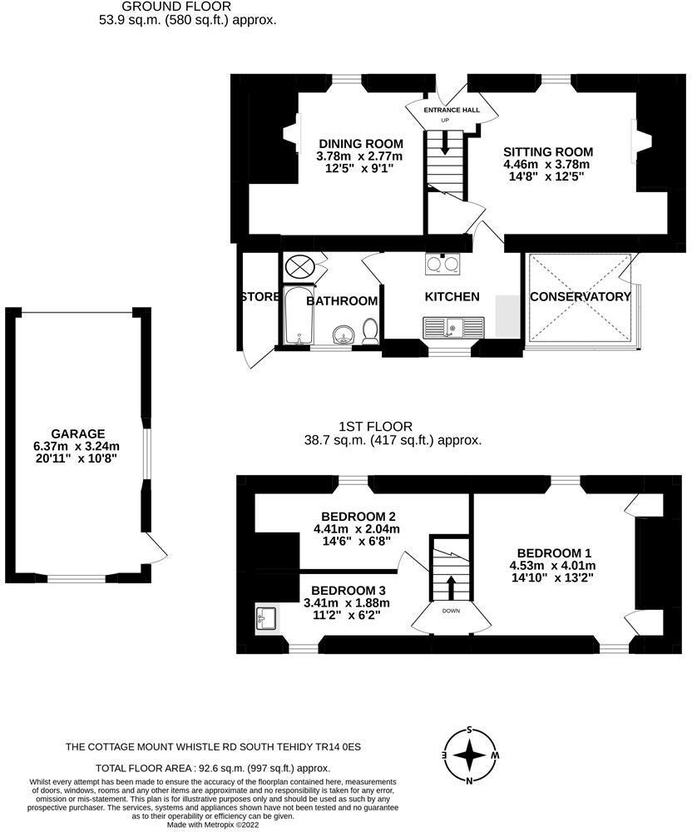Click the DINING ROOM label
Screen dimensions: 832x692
[x=360, y=143]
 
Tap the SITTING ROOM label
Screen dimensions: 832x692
[x=547, y=151]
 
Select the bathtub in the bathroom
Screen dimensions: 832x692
[x=297, y=315]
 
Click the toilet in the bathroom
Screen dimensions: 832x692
[x=371, y=331]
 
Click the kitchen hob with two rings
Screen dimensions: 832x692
[x=442, y=265]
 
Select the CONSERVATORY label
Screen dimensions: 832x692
[x=580, y=297]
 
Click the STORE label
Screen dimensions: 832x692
[x=259, y=298]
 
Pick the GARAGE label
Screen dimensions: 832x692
[x=78, y=433]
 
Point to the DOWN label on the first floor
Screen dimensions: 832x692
[x=450, y=611]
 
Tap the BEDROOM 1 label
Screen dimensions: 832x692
[x=553, y=553]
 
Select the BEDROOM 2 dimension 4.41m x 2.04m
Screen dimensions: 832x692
[x=356, y=528]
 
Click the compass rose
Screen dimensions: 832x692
[x=470, y=755]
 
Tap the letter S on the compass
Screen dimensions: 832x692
[x=470, y=730]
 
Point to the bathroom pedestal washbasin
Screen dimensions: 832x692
[x=342, y=335]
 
